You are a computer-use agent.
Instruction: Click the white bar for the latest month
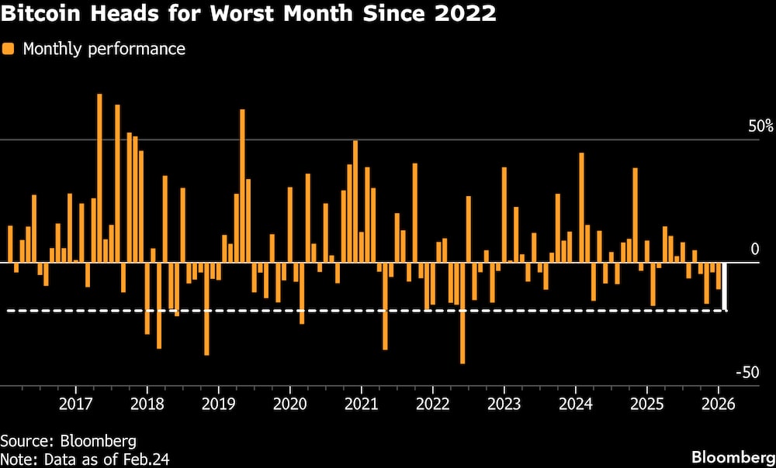click(725, 287)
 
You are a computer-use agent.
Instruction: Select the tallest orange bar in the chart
click(99, 178)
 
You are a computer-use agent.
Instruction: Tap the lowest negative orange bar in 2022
click(462, 313)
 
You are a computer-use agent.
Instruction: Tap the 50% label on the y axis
click(760, 126)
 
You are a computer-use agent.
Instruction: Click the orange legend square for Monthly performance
click(9, 50)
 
